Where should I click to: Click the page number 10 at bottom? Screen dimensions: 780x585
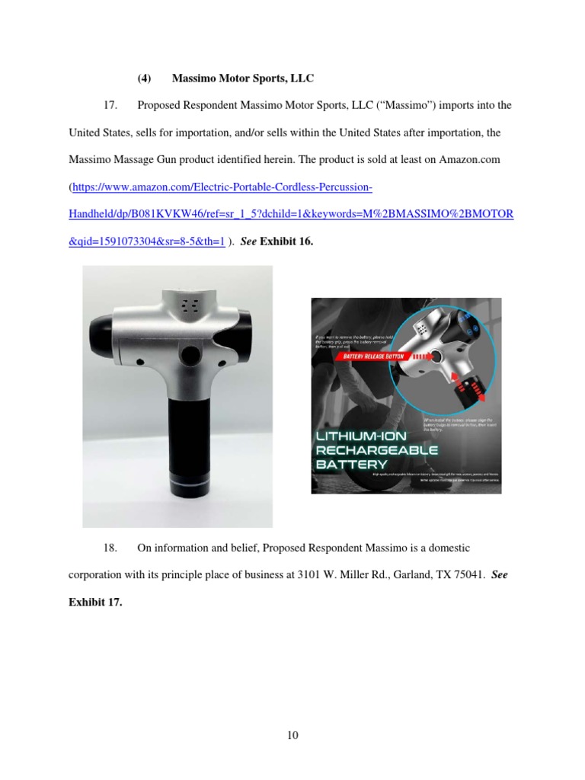pos(292,735)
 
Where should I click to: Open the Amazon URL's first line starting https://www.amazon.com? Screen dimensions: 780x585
pos(222,187)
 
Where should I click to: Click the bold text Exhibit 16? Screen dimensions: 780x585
pos(286,241)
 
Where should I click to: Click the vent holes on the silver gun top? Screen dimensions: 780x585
pos(189,304)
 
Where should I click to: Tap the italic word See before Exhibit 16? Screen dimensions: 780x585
pos(248,241)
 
